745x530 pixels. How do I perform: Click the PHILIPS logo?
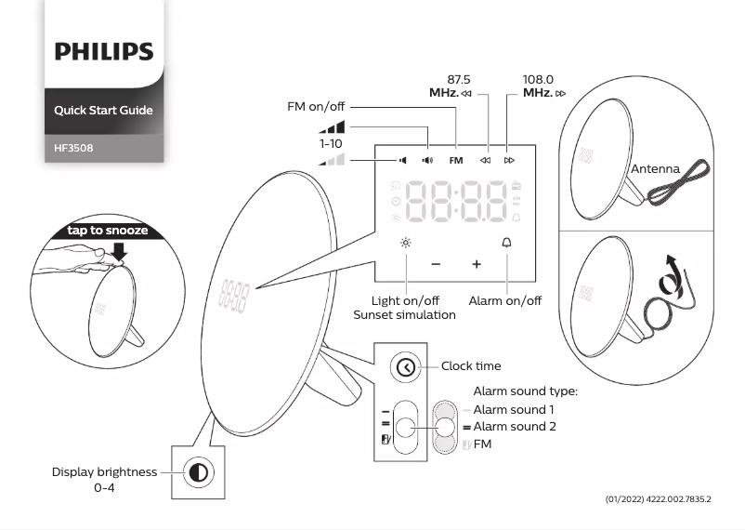103,50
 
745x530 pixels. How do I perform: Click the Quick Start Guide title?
103,111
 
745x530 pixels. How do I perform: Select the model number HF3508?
73,147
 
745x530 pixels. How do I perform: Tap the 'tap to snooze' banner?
107,231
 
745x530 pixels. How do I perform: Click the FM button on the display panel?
455,160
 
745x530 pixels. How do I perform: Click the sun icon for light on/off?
406,243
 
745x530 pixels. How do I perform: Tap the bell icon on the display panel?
507,243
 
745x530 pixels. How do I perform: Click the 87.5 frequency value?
459,80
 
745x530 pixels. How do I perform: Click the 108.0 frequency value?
538,80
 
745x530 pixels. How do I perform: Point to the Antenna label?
655,169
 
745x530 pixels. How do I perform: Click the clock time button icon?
406,367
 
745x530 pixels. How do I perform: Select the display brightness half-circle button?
197,473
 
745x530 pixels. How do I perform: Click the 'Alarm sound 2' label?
515,427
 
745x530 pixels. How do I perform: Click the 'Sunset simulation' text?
404,315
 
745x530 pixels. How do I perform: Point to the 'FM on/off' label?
315,107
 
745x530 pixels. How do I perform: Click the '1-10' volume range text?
331,144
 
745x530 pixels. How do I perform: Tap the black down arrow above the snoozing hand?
119,250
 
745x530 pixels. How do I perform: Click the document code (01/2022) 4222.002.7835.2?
658,500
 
